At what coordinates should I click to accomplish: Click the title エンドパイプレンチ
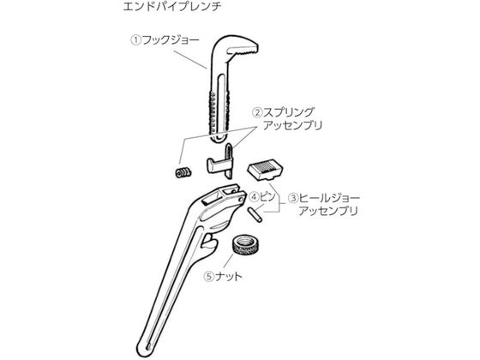coord(172,7)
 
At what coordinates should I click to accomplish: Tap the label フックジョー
coord(171,39)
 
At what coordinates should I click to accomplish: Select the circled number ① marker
coord(136,40)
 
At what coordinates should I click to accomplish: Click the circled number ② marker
coord(257,112)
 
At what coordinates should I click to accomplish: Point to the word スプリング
coord(288,112)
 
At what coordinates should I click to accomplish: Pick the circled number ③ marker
coord(293,198)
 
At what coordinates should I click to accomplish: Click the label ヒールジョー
coord(329,198)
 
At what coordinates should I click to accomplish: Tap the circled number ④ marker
coord(254,197)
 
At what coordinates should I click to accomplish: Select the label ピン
coord(267,196)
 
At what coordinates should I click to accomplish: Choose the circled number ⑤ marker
coord(209,277)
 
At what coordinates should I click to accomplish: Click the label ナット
coord(228,277)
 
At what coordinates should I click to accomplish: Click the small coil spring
coord(183,172)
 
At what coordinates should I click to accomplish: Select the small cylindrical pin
coord(255,214)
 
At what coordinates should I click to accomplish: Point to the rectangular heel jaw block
coord(266,170)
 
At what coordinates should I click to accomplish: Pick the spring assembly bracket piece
coord(220,161)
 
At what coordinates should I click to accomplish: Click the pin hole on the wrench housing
coord(242,200)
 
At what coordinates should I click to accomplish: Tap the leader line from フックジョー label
coord(190,59)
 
